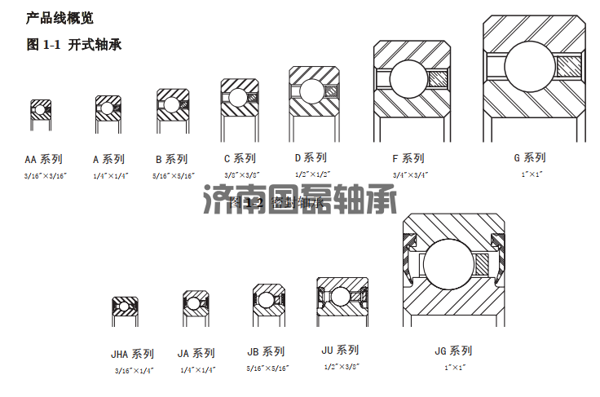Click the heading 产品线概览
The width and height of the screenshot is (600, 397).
point(60,18)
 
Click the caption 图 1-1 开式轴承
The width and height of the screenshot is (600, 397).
point(74,45)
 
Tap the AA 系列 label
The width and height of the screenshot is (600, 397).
point(43,159)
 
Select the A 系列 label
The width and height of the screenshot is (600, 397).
point(108,159)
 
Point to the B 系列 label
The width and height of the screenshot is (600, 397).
point(171,159)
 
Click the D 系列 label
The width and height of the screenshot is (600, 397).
point(311,157)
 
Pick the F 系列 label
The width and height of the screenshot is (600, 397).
point(408,158)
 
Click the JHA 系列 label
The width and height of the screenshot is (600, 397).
point(132,354)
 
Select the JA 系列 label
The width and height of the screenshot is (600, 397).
point(196,353)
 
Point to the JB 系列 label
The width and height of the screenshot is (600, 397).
point(266,351)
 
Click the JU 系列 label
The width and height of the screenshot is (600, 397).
point(340,350)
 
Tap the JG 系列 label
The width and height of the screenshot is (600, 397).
point(453,351)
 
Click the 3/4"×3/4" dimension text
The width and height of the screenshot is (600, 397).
point(411,174)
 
